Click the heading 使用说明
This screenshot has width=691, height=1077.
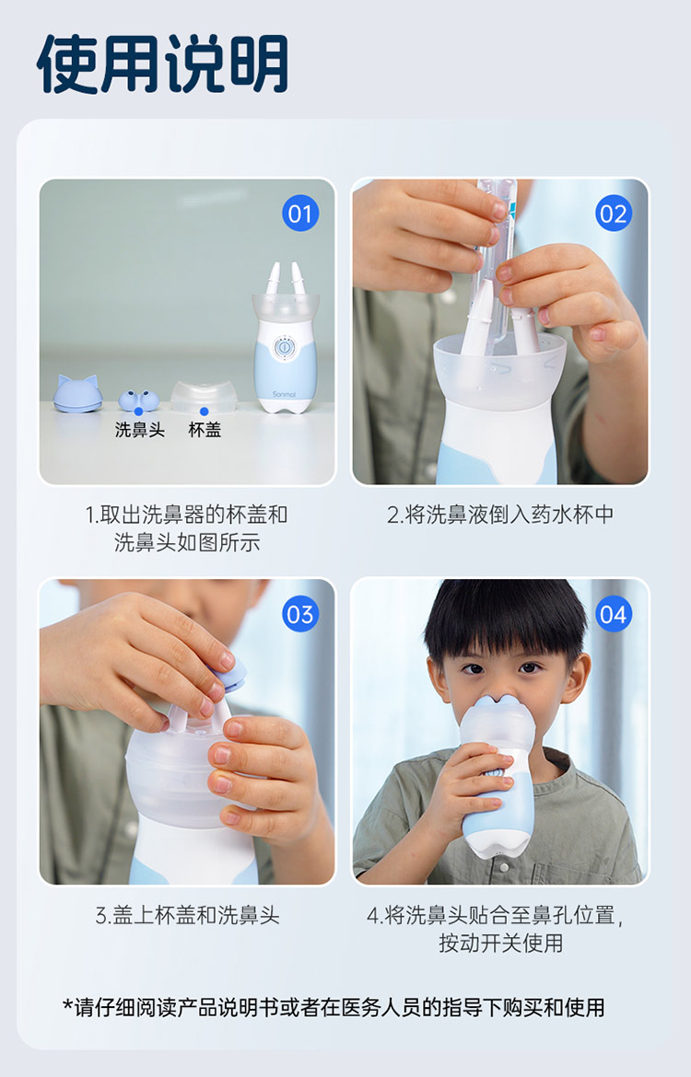(162, 64)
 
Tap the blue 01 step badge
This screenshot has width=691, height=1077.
(300, 214)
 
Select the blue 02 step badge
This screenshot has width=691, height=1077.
(614, 214)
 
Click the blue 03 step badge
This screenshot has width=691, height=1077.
(300, 614)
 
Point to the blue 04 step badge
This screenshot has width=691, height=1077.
(614, 614)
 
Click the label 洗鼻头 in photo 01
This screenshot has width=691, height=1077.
(139, 430)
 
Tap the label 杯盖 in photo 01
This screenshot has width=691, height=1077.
(205, 430)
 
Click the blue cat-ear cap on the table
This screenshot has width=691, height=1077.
(77, 394)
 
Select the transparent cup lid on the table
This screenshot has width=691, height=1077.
(204, 396)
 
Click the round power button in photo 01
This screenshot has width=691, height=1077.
(284, 348)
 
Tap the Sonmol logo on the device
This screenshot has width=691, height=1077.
(284, 394)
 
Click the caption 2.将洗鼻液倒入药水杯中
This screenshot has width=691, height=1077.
(500, 515)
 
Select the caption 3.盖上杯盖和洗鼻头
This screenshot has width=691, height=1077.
(187, 915)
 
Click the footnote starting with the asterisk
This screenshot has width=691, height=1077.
(334, 1008)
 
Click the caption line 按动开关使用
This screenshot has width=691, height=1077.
(500, 943)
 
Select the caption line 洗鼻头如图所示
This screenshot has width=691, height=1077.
(187, 542)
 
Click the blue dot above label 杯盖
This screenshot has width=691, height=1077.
(205, 411)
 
